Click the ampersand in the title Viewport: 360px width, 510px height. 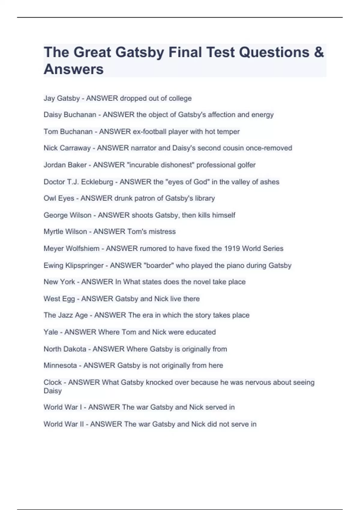(x=319, y=52)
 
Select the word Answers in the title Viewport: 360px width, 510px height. (x=73, y=69)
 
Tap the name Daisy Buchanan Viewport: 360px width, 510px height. (x=70, y=115)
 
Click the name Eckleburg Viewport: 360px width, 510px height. (x=97, y=182)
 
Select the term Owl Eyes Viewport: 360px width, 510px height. (x=59, y=198)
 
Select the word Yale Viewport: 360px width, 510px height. (x=51, y=332)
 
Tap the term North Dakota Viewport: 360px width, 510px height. (x=65, y=349)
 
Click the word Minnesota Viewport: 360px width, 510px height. (x=60, y=365)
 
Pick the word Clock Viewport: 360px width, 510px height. (x=52, y=382)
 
